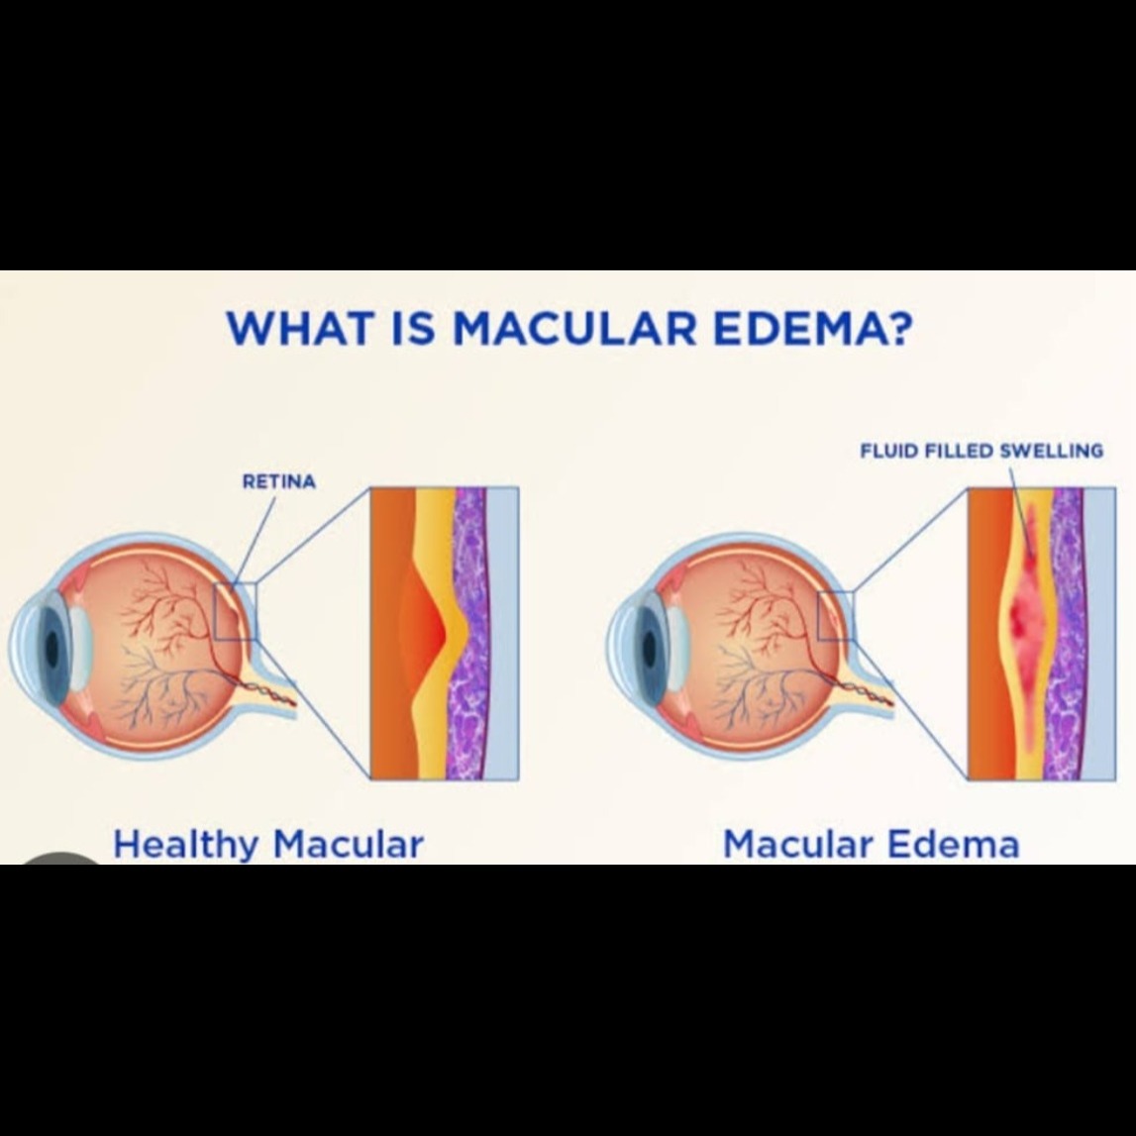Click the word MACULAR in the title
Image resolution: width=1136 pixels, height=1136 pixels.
click(x=574, y=328)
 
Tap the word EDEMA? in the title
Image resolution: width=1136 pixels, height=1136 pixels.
click(x=811, y=328)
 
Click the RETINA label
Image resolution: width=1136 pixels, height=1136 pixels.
click(x=279, y=481)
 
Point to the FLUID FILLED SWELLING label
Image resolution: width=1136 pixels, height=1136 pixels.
click(x=981, y=451)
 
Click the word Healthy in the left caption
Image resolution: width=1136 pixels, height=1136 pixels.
click(x=185, y=845)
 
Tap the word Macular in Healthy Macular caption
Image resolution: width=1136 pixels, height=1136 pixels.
click(x=348, y=845)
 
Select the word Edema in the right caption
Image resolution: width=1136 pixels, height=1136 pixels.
click(x=954, y=845)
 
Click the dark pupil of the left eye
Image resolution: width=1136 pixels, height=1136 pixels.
click(x=52, y=647)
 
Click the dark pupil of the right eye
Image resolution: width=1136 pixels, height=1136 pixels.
click(x=650, y=647)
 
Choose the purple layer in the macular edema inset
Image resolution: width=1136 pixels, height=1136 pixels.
click(x=1067, y=634)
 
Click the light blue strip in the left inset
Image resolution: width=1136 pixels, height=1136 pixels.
click(x=503, y=634)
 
